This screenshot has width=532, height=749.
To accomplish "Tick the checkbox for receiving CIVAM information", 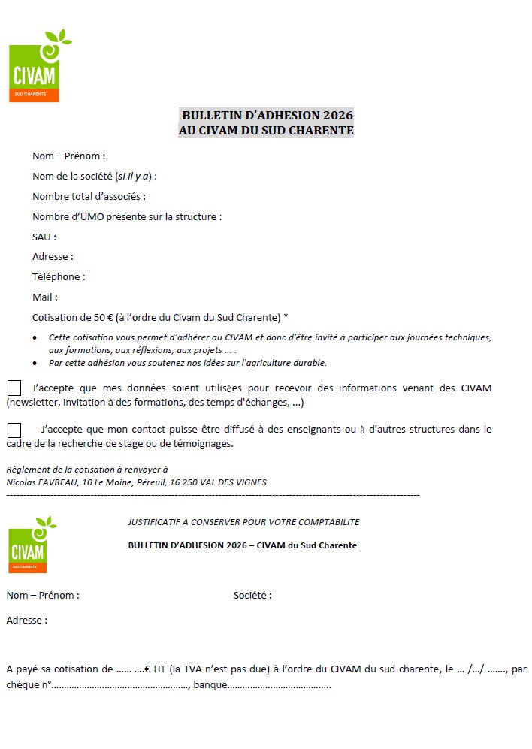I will point(14,388).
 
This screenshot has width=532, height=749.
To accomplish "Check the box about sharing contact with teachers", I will point(14,430).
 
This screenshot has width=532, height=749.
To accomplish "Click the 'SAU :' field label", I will point(44,237).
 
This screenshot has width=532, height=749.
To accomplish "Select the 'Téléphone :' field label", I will point(59,276).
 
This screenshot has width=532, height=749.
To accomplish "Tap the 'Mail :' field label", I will point(45,297).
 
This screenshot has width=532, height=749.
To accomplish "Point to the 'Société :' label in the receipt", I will point(252,596).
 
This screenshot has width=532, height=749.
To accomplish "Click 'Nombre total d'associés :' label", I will point(89,196).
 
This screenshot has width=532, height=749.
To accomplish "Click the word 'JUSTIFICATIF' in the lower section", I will point(155,522).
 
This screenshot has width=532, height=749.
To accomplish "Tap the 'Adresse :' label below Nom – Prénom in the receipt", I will point(27,621).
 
